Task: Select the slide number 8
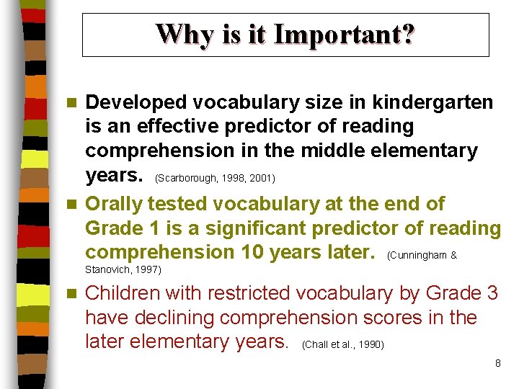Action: [497, 363]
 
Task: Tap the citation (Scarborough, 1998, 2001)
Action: [215, 178]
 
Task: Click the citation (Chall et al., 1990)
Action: [343, 345]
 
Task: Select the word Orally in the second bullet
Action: [110, 204]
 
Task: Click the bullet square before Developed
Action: [70, 103]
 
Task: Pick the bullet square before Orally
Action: [70, 205]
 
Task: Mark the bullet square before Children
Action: [70, 294]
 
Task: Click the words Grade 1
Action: [118, 228]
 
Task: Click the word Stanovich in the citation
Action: [107, 270]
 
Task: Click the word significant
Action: [257, 228]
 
